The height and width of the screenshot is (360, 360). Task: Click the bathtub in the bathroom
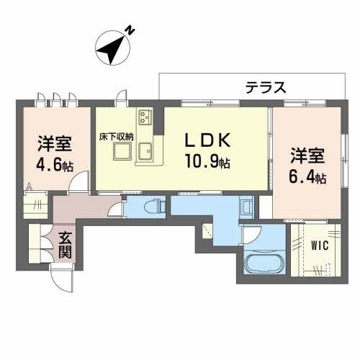coord(264,269)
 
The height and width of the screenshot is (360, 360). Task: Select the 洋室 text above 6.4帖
coord(307,155)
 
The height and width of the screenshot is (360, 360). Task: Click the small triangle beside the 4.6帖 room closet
coord(29,189)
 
